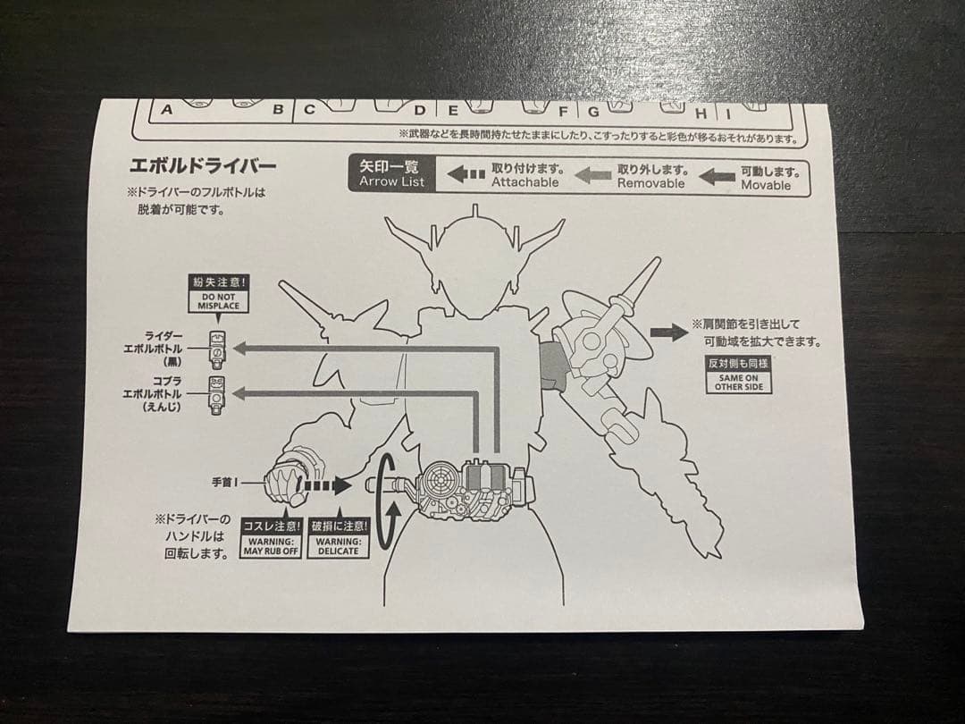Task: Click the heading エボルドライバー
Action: click(203, 165)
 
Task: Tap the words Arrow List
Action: click(392, 181)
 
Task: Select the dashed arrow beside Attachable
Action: click(466, 174)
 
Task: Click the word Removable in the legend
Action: click(650, 183)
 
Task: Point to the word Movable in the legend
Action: click(766, 185)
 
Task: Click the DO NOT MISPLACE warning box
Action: click(219, 294)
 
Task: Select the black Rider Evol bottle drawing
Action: click(218, 349)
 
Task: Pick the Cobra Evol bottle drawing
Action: click(216, 395)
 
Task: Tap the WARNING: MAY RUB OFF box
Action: click(271, 537)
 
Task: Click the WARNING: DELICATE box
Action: click(339, 537)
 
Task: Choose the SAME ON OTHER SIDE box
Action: click(739, 375)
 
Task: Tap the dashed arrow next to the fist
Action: click(323, 485)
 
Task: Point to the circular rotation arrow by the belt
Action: click(379, 501)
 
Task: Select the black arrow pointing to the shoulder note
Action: click(669, 333)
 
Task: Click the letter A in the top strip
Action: click(167, 110)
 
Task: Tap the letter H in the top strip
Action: click(701, 114)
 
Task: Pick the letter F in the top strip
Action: click(563, 112)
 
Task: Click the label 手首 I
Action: click(224, 483)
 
